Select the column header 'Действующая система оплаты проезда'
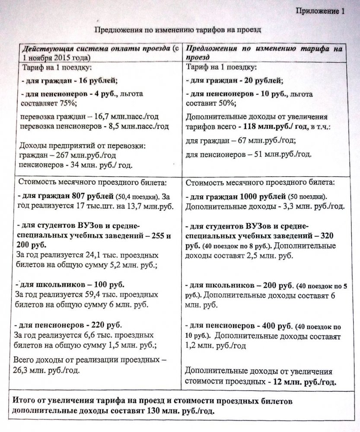click(x=96, y=48)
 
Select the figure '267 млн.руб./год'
click(x=74, y=156)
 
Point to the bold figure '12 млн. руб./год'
click(x=306, y=382)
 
